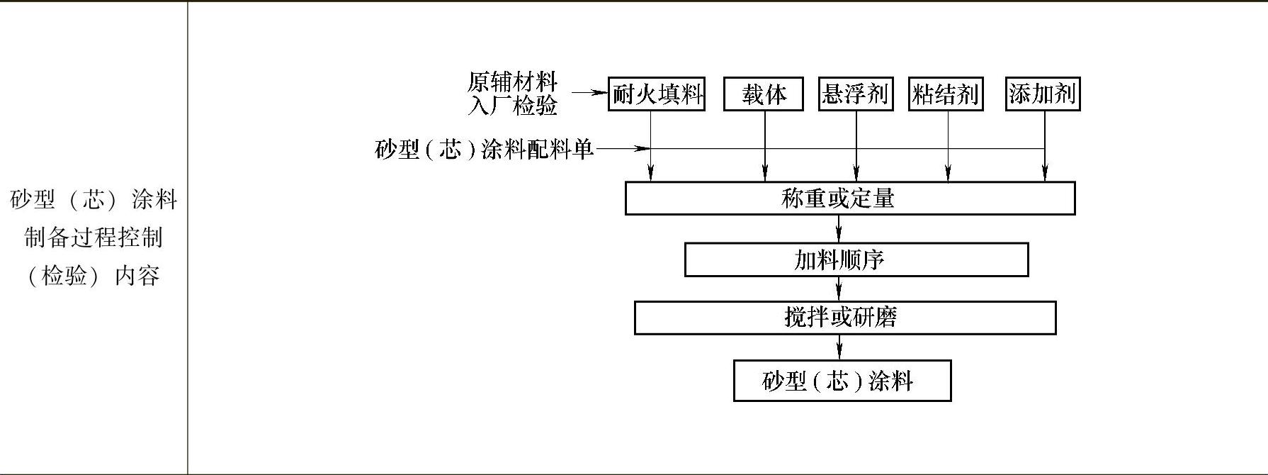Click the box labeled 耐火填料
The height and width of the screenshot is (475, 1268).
[656, 94]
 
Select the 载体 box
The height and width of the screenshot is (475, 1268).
[763, 94]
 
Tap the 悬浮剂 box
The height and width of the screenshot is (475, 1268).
[855, 94]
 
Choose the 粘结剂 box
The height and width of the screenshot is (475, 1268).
[946, 94]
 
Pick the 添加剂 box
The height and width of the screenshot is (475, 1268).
[1043, 94]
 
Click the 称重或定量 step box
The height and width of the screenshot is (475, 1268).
[850, 199]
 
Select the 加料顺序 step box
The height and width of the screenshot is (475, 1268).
[856, 260]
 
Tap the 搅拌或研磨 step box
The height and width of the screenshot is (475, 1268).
[845, 318]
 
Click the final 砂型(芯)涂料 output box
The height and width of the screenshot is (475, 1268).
[842, 381]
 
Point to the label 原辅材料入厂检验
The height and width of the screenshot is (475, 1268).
[512, 94]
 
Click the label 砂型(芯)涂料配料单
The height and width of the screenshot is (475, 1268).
[484, 150]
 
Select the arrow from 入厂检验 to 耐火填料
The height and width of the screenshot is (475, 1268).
[590, 93]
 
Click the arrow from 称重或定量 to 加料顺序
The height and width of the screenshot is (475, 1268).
[839, 229]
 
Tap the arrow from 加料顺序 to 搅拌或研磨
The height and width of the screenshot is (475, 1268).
[839, 289]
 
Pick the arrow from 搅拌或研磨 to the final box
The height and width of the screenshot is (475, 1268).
[839, 347]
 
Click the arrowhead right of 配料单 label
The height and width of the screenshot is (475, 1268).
[642, 149]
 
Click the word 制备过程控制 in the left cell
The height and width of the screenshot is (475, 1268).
[94, 238]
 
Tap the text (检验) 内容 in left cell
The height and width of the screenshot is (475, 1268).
[94, 276]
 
